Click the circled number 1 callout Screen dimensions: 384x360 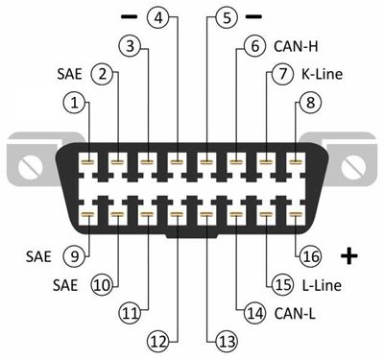pyautogui.click(x=74, y=103)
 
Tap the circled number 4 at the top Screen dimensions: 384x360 pyautogui.click(x=158, y=17)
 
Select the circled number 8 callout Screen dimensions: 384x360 pyautogui.click(x=310, y=103)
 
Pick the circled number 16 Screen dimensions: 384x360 pyautogui.click(x=310, y=256)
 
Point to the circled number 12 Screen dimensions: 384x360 pyautogui.click(x=158, y=342)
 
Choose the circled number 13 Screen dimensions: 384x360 pyautogui.click(x=227, y=342)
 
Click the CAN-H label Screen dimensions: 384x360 pyautogui.click(x=296, y=47)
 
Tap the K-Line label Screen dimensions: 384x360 pyautogui.click(x=322, y=74)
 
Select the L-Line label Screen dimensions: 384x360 pyautogui.click(x=322, y=285)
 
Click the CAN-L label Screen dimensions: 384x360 pyautogui.click(x=295, y=313)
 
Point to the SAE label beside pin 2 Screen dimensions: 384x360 pyautogui.click(x=69, y=74)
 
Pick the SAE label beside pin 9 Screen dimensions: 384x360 pyautogui.click(x=38, y=256)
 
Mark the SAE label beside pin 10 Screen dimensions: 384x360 pyautogui.click(x=65, y=285)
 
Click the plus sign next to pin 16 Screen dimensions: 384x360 pyautogui.click(x=349, y=255)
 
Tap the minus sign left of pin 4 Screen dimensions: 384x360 pyautogui.click(x=130, y=17)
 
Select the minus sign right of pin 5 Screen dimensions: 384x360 pyautogui.click(x=253, y=17)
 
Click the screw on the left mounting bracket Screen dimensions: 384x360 pyautogui.click(x=31, y=166)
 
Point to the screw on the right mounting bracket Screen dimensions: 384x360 pyautogui.click(x=353, y=166)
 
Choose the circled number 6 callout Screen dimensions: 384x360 pyautogui.click(x=254, y=46)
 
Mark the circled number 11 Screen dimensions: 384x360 pyautogui.click(x=130, y=313)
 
